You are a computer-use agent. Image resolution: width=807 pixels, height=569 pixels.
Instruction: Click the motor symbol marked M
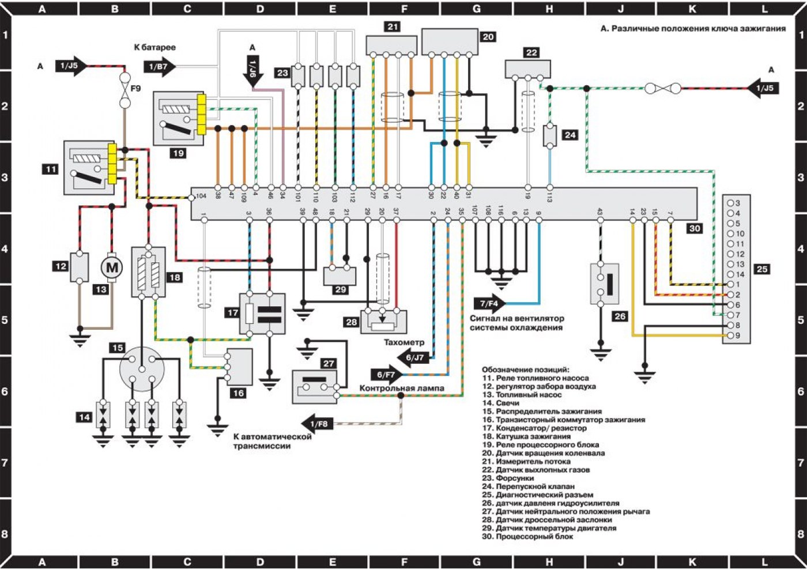[x=112, y=267]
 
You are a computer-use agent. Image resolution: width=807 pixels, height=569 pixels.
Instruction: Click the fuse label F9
[x=135, y=89]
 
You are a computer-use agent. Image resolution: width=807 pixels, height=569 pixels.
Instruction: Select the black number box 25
[x=762, y=269]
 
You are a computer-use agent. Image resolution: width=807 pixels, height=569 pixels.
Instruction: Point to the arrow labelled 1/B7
[x=161, y=67]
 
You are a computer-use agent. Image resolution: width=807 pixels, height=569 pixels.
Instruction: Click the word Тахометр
[x=404, y=342]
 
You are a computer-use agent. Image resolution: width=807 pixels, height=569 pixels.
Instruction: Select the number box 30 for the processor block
[x=695, y=228]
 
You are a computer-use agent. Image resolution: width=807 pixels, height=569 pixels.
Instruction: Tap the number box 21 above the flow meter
[x=393, y=27]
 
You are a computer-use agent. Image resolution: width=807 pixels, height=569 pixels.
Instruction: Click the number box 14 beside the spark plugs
[x=85, y=417]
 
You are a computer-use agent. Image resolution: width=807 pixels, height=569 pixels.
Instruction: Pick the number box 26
[x=620, y=316]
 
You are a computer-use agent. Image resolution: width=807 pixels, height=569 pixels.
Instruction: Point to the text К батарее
[x=154, y=47]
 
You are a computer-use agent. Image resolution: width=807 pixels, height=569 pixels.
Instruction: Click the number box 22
[x=531, y=52]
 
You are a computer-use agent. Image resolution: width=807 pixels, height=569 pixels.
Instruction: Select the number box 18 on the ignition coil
[x=175, y=277]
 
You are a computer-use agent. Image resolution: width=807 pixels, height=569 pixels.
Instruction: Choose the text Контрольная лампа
[x=402, y=388]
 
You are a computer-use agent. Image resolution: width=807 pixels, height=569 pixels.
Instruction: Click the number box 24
[x=570, y=135]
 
